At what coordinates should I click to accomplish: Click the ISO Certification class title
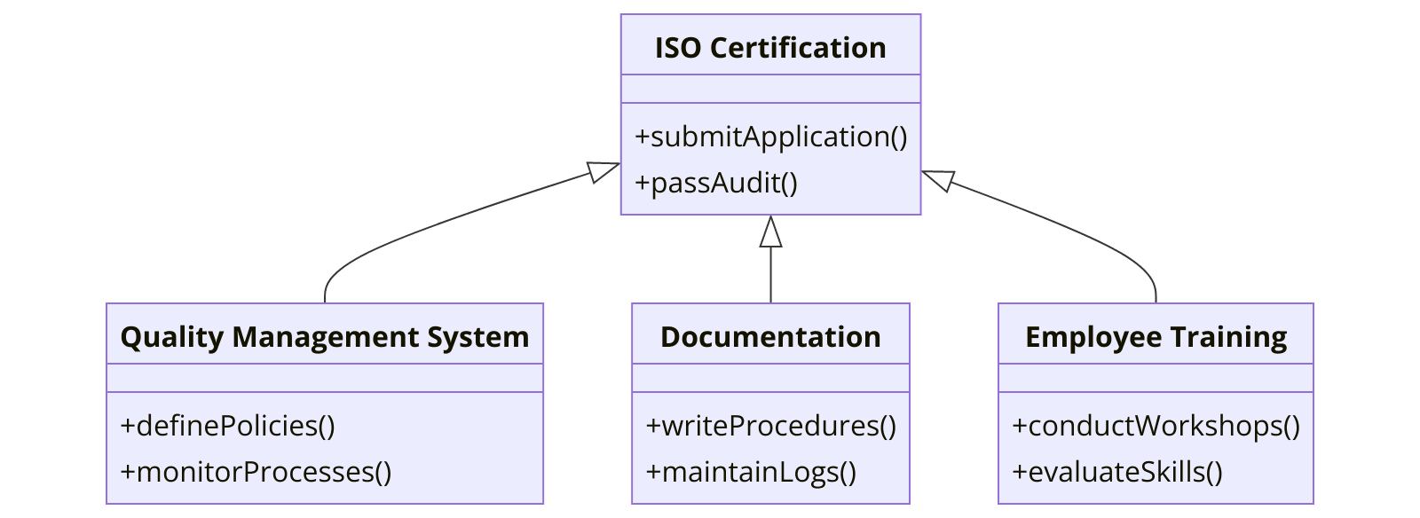770,48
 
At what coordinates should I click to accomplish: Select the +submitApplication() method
770,137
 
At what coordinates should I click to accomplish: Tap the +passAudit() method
716,183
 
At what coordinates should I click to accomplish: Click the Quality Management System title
324,337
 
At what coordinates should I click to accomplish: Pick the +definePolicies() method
227,426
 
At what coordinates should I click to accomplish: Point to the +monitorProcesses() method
256,472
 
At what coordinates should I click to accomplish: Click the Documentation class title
770,337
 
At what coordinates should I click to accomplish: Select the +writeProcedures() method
770,426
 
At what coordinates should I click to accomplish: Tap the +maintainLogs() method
751,472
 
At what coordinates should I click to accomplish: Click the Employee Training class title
1156,337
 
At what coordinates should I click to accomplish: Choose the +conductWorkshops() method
1156,426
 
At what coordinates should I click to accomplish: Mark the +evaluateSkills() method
1117,472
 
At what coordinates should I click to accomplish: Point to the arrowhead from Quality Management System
603,171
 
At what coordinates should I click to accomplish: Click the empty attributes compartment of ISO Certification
770,89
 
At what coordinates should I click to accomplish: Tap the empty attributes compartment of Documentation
770,378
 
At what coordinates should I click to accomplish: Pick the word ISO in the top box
678,48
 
